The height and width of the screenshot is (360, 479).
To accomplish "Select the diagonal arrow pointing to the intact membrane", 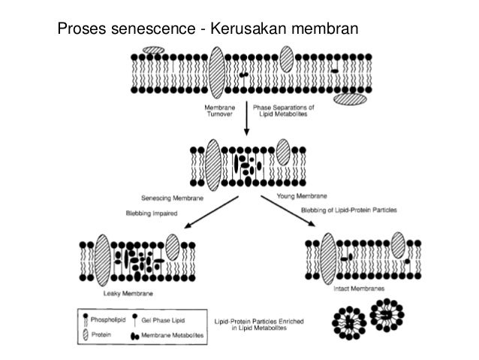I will [x=286, y=211].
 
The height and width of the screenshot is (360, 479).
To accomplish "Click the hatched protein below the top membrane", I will [x=350, y=98].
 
